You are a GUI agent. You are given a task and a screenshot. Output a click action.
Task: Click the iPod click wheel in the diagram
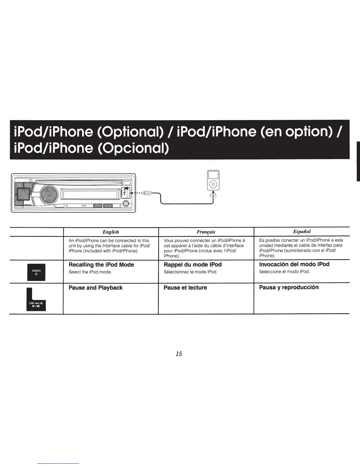pyautogui.click(x=213, y=185)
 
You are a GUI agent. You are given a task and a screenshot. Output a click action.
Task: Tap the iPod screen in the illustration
pyautogui.click(x=213, y=175)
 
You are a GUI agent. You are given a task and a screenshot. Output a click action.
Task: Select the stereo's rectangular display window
pyautogui.click(x=90, y=194)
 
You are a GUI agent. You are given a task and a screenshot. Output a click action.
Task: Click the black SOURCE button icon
pyautogui.click(x=36, y=272)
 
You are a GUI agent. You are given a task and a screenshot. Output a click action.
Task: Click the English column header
pyautogui.click(x=111, y=232)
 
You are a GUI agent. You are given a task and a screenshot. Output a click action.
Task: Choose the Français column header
pyautogui.click(x=206, y=232)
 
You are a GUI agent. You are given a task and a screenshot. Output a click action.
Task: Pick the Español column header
pyautogui.click(x=302, y=232)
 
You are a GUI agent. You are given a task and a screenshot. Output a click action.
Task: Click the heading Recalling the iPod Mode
pyautogui.click(x=101, y=265)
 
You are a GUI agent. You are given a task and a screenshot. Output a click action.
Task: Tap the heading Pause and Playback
pyautogui.click(x=96, y=288)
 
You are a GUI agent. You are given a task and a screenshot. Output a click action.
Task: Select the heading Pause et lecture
pyautogui.click(x=185, y=288)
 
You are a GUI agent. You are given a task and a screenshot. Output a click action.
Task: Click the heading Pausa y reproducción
pyautogui.click(x=289, y=287)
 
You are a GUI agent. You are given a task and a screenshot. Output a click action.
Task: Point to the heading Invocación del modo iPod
pyautogui.click(x=294, y=264)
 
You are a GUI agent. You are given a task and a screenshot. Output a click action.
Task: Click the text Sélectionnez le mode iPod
pyautogui.click(x=190, y=272)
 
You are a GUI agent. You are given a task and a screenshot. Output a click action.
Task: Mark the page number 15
pyautogui.click(x=179, y=354)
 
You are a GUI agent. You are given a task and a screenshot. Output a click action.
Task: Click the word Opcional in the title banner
pyautogui.click(x=133, y=148)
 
